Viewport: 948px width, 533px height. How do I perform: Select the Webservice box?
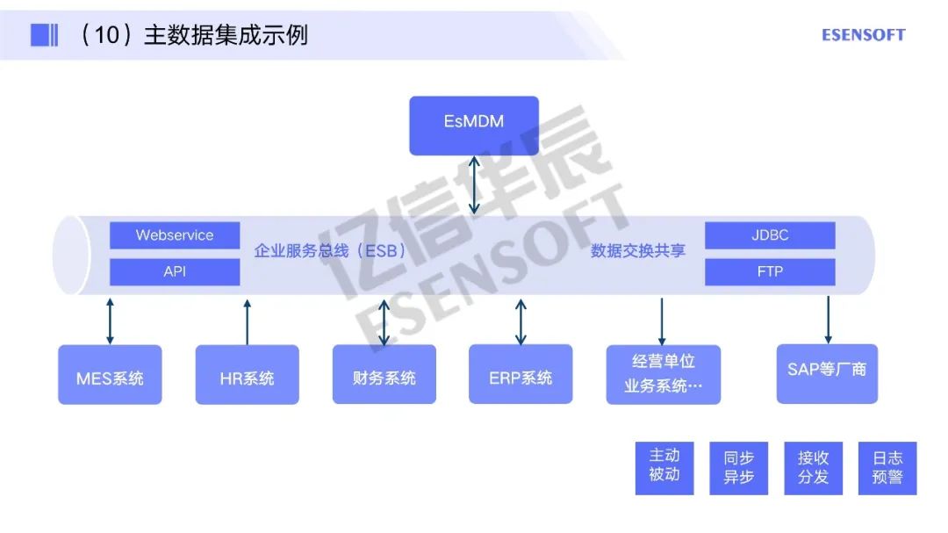(175, 235)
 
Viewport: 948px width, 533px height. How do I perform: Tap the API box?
(175, 271)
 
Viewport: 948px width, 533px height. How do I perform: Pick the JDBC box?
(770, 235)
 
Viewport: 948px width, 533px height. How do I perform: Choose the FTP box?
(770, 271)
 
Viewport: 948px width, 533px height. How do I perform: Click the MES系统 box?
(110, 375)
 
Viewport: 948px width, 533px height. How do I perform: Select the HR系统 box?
(247, 375)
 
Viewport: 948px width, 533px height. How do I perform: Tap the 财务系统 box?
(384, 375)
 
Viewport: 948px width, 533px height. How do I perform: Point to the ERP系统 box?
(521, 375)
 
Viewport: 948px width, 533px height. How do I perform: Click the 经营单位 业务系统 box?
(663, 375)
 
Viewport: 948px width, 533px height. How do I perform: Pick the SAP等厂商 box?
(827, 373)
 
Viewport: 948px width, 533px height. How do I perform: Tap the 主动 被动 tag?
(664, 468)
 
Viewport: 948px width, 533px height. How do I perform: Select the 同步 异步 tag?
(738, 468)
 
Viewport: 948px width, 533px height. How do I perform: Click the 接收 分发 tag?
(813, 468)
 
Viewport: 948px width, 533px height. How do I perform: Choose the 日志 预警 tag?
(887, 468)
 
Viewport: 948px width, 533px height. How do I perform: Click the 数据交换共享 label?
(638, 251)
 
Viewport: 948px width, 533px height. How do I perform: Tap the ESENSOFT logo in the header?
(863, 35)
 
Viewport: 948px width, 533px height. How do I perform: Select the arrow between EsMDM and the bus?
(474, 184)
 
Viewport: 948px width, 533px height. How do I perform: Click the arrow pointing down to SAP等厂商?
(828, 320)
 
